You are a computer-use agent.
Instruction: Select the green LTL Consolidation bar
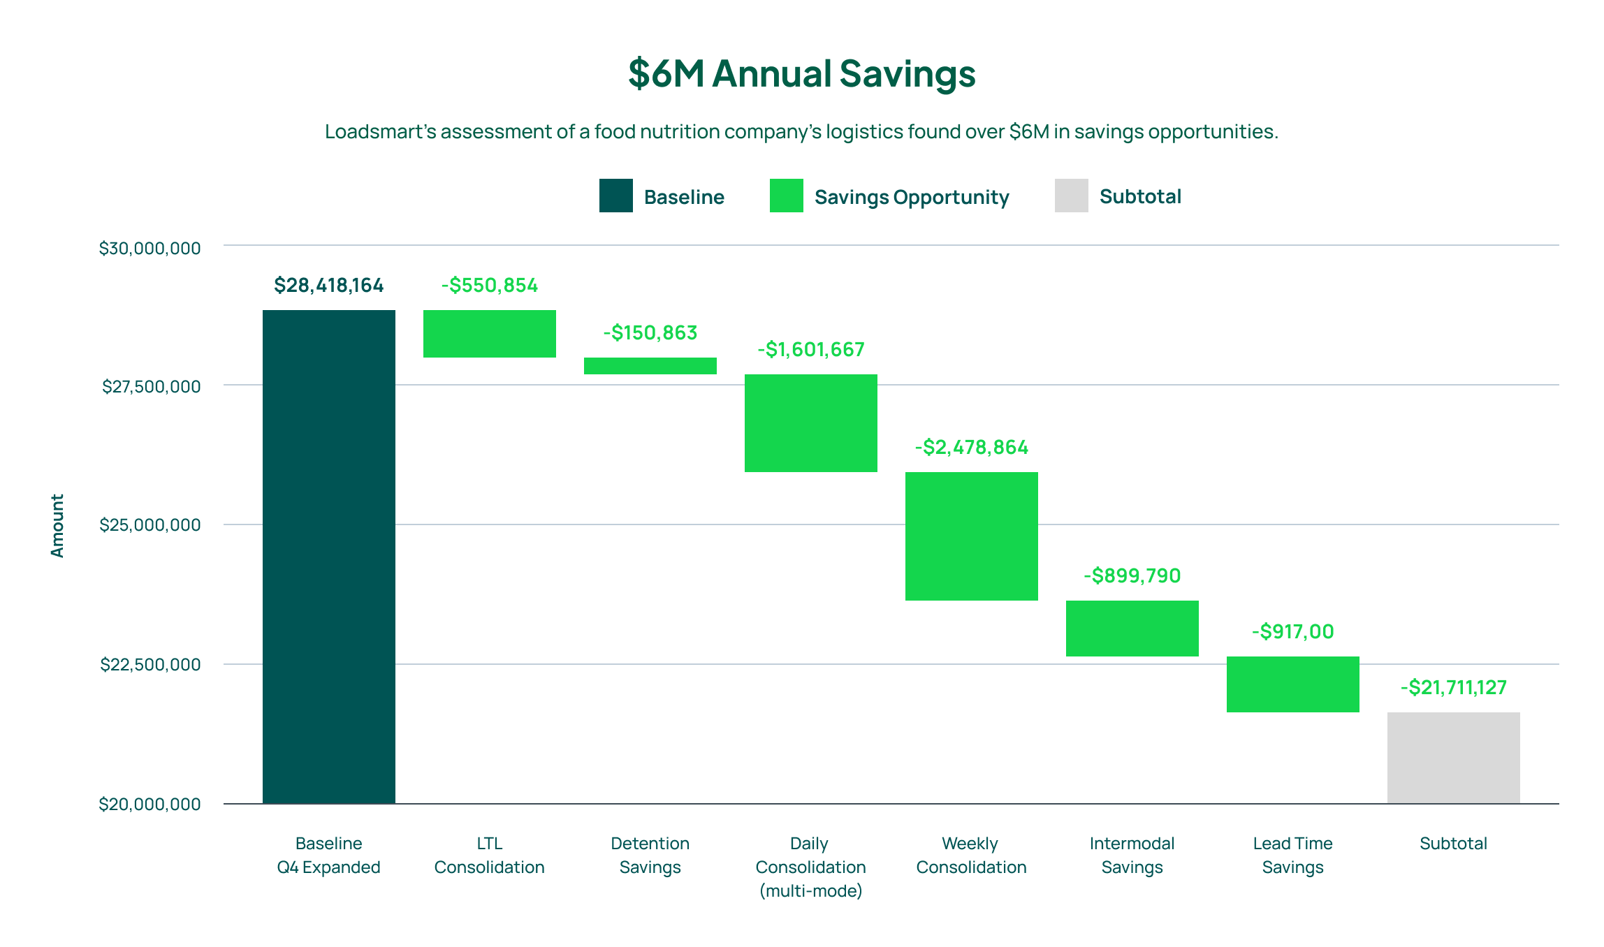[489, 334]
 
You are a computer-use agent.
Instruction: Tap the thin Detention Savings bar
[650, 366]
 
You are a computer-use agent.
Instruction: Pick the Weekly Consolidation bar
[971, 536]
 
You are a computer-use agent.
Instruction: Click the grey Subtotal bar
[1453, 757]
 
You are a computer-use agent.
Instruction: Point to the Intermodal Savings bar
[1132, 628]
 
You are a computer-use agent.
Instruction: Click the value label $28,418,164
[328, 286]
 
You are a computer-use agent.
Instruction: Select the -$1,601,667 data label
[811, 349]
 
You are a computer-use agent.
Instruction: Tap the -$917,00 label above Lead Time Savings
[1292, 632]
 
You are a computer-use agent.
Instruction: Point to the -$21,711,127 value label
[1453, 688]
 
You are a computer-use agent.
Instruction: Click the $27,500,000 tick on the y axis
[151, 386]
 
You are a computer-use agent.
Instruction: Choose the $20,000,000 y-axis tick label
[150, 804]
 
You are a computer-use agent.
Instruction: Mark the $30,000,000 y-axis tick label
[150, 248]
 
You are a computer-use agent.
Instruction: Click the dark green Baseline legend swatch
[615, 196]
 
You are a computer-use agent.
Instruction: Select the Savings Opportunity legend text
[911, 197]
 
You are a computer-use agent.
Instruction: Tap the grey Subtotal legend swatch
[1071, 196]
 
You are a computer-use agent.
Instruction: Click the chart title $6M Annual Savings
[801, 73]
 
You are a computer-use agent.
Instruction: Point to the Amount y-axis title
[57, 525]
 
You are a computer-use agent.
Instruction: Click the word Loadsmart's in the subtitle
[380, 132]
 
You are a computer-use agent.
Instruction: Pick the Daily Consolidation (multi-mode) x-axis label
[810, 867]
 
